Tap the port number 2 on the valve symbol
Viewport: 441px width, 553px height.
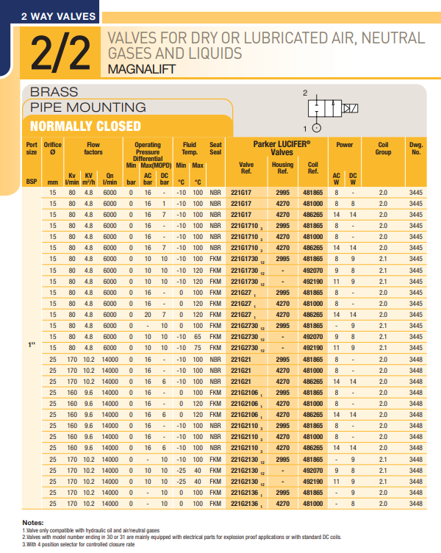tap(305, 93)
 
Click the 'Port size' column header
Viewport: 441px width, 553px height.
tap(32, 149)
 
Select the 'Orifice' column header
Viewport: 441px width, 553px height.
tap(52, 149)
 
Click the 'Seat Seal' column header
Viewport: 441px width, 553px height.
tap(215, 149)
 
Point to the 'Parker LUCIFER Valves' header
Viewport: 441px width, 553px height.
tap(282, 148)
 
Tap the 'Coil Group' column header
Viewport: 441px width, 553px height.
tap(383, 149)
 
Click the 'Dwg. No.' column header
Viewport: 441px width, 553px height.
tap(416, 149)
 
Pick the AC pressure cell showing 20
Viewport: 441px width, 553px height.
tap(148, 314)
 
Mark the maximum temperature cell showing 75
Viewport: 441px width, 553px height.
tap(198, 347)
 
